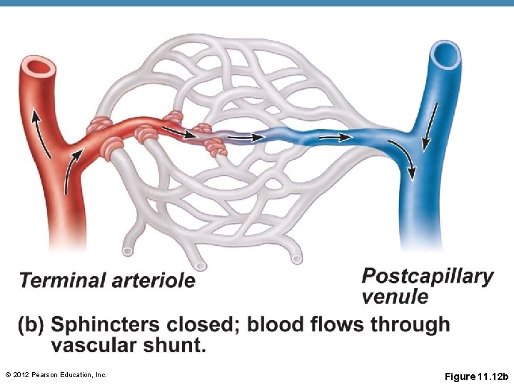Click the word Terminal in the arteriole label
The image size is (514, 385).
(63, 280)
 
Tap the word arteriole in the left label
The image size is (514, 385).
(153, 280)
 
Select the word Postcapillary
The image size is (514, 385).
(428, 276)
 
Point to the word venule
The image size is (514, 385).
(395, 296)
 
